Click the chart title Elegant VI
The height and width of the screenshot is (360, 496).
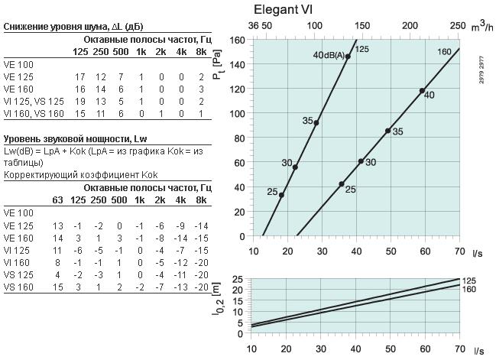(x=283, y=9)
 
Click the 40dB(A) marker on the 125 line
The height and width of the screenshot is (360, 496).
(x=348, y=57)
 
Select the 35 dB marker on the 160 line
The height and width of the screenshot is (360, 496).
(x=387, y=131)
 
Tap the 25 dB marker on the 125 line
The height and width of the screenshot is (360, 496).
(x=281, y=195)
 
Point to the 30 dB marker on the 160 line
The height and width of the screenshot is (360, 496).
(x=361, y=161)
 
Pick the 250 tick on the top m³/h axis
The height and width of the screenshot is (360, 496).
(x=458, y=26)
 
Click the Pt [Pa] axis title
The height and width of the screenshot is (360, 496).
(x=217, y=64)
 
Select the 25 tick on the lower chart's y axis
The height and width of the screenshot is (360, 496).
(x=238, y=279)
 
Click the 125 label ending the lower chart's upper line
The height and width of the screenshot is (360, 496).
(x=468, y=281)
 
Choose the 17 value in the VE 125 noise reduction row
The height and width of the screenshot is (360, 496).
(x=80, y=77)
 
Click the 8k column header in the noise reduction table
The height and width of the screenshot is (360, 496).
(x=201, y=52)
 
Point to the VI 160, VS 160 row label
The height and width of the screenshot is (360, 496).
(x=34, y=114)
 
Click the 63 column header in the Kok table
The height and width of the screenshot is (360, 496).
(x=57, y=200)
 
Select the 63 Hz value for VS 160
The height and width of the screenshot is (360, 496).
(x=57, y=287)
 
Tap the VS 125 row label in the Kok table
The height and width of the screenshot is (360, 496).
(x=18, y=275)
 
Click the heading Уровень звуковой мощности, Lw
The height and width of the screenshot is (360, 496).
(x=76, y=139)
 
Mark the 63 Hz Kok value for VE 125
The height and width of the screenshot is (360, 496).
(x=57, y=226)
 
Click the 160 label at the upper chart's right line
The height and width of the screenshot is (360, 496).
(x=444, y=51)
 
